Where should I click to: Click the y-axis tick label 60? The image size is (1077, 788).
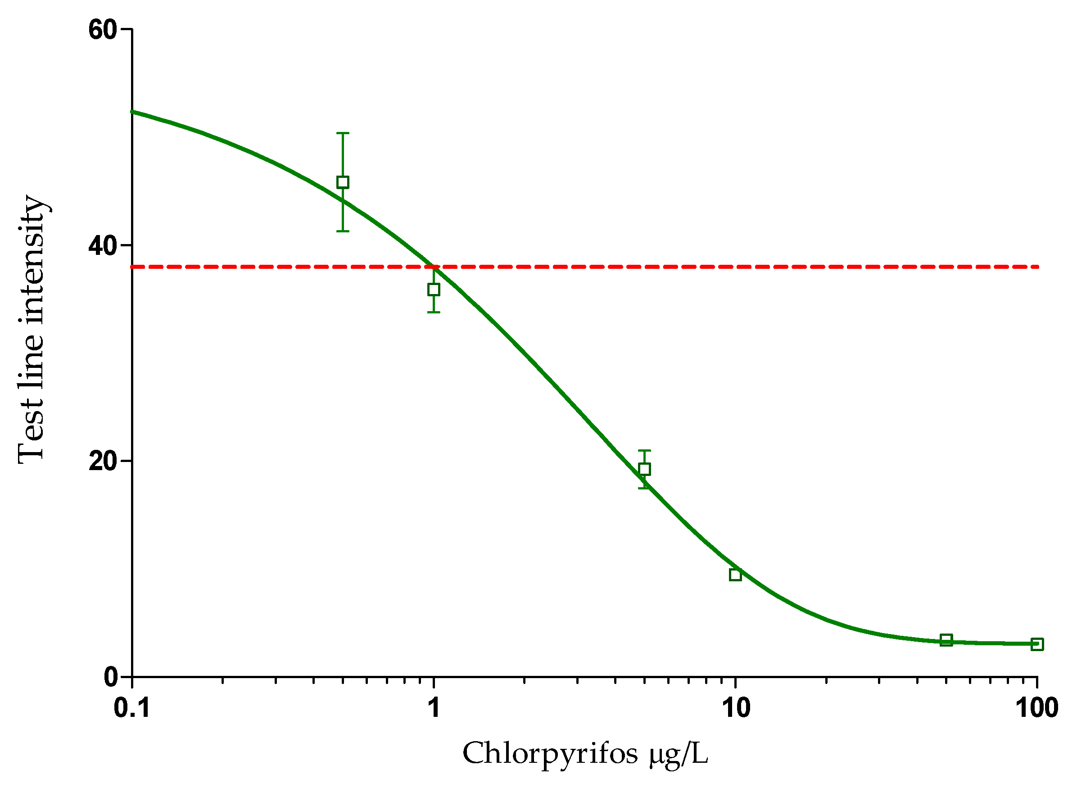click(x=102, y=30)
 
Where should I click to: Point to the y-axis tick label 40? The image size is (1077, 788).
click(x=102, y=246)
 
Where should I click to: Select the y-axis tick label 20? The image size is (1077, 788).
click(x=102, y=461)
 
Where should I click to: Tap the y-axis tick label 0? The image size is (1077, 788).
click(x=111, y=677)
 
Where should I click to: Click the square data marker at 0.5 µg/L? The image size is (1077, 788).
click(x=343, y=182)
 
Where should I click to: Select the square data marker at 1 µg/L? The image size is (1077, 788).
click(x=434, y=290)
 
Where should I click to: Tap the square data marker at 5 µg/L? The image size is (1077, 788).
click(x=644, y=469)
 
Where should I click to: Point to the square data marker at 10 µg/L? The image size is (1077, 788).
click(x=736, y=575)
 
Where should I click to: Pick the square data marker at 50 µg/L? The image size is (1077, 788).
click(x=946, y=640)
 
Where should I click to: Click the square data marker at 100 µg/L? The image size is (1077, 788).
click(x=1037, y=644)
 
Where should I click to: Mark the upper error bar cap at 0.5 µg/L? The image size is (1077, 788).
click(x=343, y=133)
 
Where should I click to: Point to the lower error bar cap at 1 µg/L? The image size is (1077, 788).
click(x=434, y=312)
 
